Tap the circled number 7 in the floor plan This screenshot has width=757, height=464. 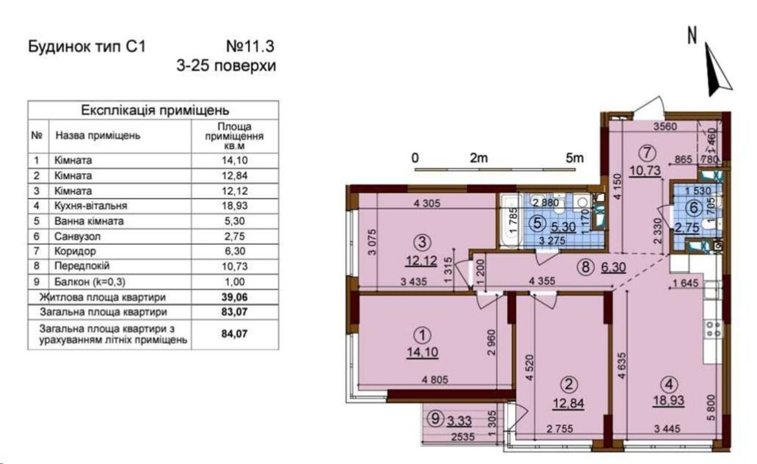tap(647, 153)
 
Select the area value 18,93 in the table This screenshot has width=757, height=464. tap(235, 206)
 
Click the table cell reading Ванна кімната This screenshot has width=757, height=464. tap(89, 221)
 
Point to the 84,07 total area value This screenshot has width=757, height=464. tap(235, 334)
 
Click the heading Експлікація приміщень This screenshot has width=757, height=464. tap(155, 110)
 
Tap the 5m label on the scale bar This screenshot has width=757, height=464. tap(575, 158)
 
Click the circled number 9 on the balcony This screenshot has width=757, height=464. tap(435, 419)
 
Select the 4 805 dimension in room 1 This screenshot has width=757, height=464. tap(435, 380)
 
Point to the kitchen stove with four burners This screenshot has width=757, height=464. tap(713, 329)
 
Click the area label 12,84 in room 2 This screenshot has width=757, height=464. tap(568, 403)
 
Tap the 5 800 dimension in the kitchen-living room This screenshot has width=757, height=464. tap(711, 407)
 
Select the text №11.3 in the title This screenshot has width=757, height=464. tap(250, 46)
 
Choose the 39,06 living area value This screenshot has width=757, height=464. tap(235, 297)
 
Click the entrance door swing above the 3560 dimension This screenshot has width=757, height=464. tap(649, 108)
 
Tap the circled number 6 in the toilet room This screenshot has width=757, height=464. tap(694, 208)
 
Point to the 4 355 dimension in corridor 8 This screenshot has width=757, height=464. tap(542, 281)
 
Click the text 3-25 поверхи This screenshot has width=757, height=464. tap(226, 66)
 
